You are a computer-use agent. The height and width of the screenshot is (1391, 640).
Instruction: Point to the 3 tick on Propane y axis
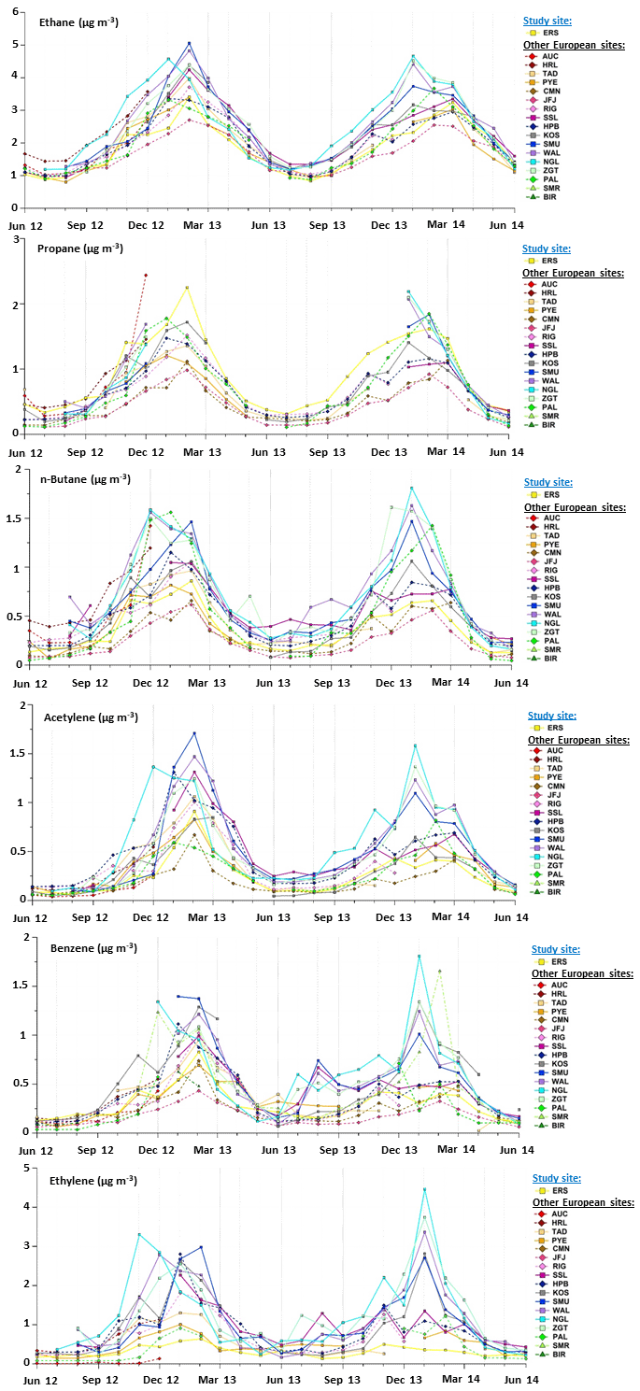click(x=16, y=240)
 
